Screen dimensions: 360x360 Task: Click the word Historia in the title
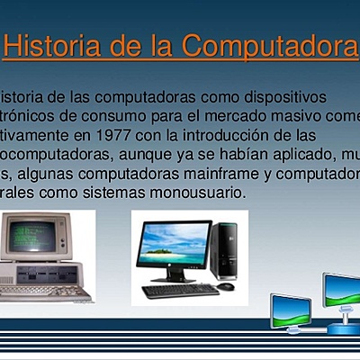click(47, 47)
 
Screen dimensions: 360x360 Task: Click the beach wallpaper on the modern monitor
click(174, 241)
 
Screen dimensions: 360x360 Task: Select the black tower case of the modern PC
click(223, 249)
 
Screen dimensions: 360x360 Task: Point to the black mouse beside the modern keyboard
click(225, 287)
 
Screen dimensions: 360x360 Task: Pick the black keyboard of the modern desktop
click(180, 290)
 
